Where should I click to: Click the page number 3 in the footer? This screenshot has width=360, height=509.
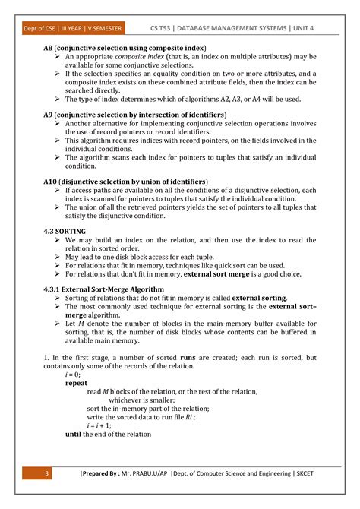click(46, 475)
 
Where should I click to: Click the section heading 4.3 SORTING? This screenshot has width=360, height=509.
click(65, 230)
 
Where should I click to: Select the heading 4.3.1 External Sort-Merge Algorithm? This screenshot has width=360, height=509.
click(103, 289)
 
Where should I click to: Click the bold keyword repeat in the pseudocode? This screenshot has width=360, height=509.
click(77, 384)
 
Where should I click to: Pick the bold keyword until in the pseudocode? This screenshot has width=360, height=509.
click(73, 434)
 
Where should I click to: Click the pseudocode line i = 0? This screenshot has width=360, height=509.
click(73, 375)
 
